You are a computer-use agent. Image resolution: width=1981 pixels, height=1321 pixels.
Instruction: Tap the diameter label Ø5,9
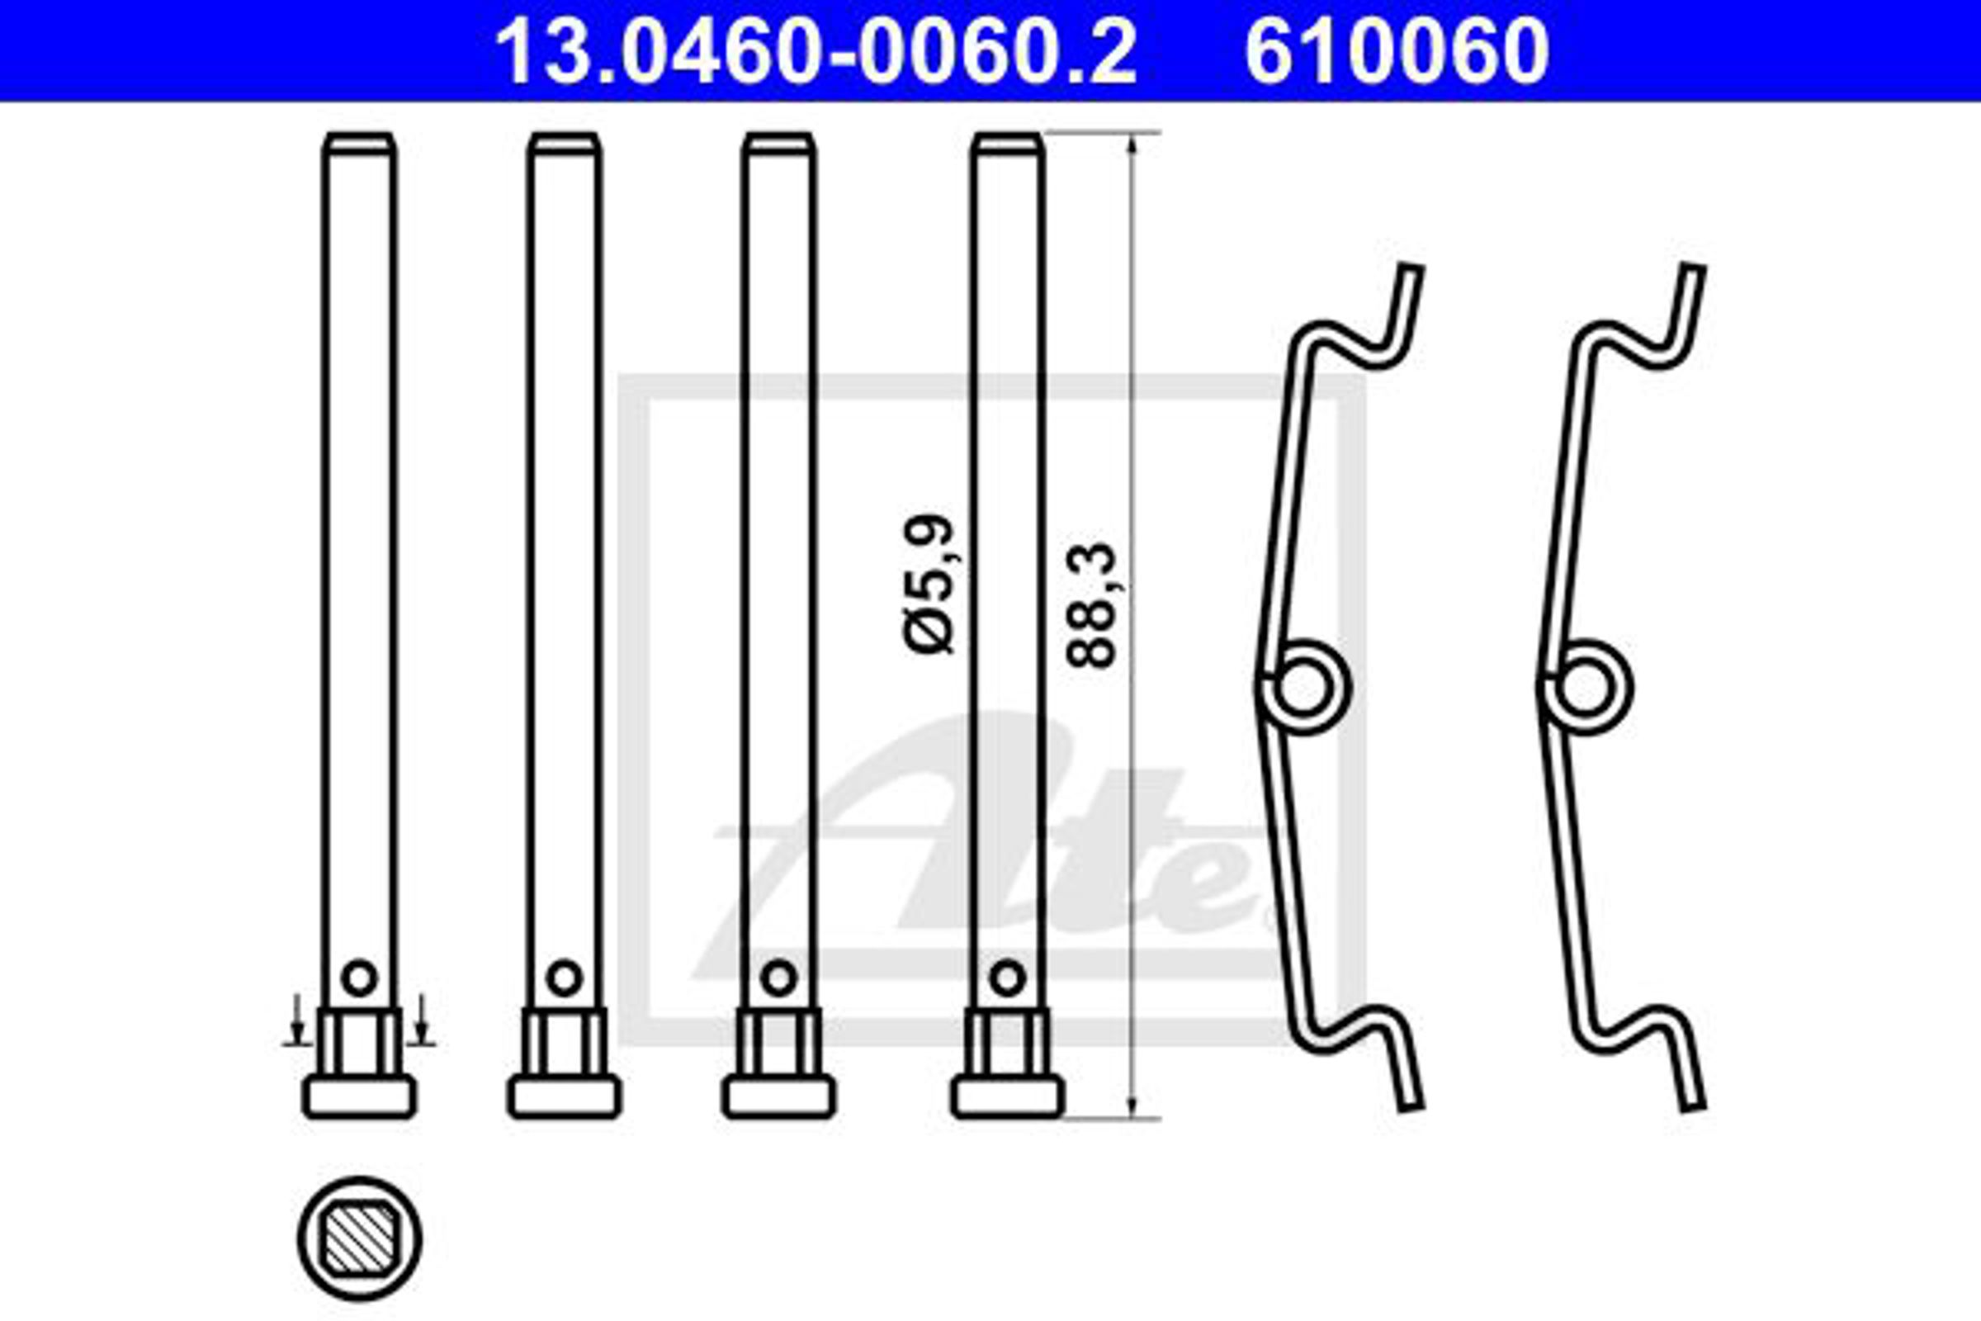click(x=930, y=583)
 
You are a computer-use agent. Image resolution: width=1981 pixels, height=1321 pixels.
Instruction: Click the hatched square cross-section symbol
click(x=360, y=1238)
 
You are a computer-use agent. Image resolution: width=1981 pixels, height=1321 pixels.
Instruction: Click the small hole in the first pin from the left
click(x=360, y=978)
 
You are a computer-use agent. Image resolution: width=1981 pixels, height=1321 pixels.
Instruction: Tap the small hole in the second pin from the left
click(x=565, y=978)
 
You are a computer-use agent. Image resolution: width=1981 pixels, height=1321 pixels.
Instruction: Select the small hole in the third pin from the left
click(x=778, y=978)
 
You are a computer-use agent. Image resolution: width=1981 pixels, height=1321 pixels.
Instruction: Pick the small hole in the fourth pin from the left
click(x=1007, y=978)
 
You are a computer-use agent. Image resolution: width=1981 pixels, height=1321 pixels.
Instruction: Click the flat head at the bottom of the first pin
click(x=360, y=1097)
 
